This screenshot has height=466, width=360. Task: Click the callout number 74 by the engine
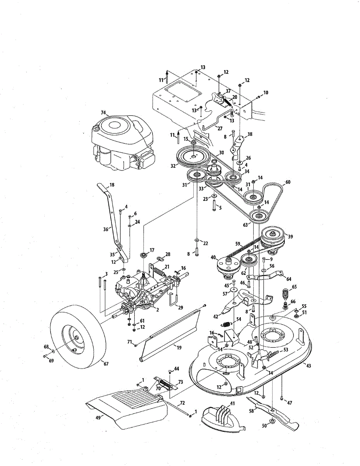coord(103,113)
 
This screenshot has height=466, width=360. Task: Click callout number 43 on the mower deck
coord(308,365)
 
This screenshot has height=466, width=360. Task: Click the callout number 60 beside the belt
coord(288,182)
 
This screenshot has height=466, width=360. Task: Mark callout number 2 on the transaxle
coord(157,310)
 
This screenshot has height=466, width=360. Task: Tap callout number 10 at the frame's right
coord(266,93)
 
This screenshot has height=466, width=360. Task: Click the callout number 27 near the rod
coord(220,128)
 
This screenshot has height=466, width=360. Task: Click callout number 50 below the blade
coord(264,426)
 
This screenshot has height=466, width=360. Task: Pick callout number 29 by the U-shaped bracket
coord(180,307)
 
